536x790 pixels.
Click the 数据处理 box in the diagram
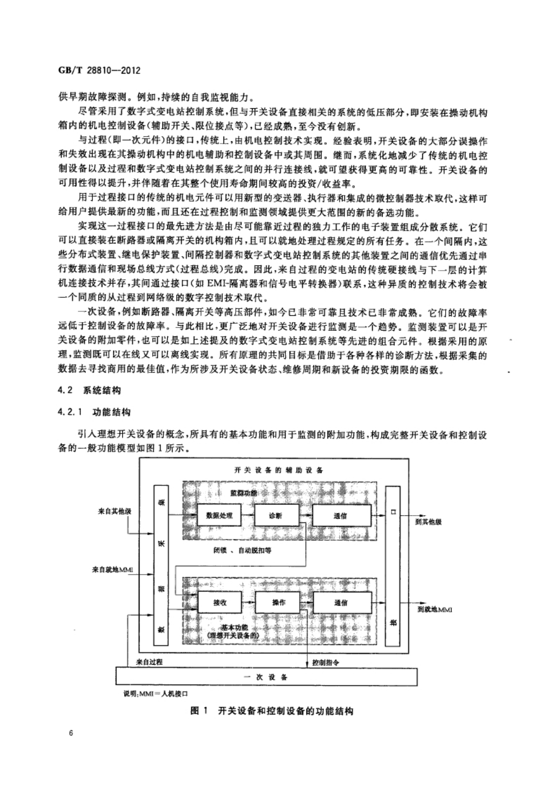219,515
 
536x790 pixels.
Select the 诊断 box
277,515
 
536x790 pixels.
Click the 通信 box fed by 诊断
341,515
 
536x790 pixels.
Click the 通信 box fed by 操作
342,603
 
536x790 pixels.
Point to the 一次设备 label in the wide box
266,677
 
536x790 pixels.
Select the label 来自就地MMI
113,569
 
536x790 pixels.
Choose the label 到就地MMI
432,609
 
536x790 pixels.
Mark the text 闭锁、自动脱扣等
242,550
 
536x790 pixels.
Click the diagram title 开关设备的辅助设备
279,470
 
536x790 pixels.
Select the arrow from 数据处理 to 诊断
248,515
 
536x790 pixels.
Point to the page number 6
71,733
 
